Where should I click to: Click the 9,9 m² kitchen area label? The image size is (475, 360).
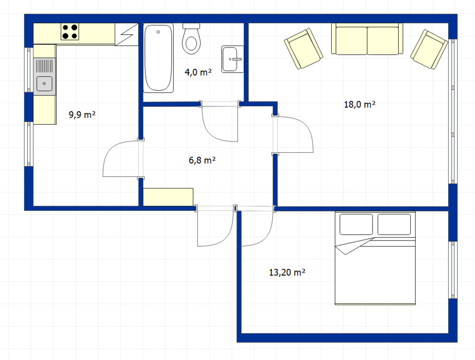(x=82, y=115)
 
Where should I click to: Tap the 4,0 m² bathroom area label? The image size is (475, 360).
(x=198, y=72)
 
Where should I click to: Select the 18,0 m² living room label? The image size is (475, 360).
(x=360, y=105)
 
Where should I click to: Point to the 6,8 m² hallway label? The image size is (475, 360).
(x=202, y=160)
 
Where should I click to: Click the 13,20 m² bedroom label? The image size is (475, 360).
(x=287, y=272)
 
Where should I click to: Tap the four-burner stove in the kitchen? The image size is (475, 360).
(x=70, y=31)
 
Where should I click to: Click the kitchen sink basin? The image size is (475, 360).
(x=44, y=83)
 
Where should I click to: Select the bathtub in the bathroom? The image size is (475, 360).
(x=158, y=58)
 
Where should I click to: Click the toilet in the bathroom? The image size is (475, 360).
(x=192, y=39)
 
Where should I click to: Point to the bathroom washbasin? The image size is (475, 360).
(x=233, y=59)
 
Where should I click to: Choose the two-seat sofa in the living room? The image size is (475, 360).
(x=367, y=39)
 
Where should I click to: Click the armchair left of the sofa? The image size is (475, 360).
(x=303, y=49)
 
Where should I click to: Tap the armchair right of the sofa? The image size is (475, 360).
(x=429, y=49)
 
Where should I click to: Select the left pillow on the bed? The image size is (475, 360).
(x=356, y=224)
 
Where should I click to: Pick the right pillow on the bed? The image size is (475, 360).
(x=394, y=224)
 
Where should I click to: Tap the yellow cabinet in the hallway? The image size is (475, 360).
(x=168, y=197)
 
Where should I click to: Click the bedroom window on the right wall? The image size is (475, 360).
(x=453, y=270)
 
